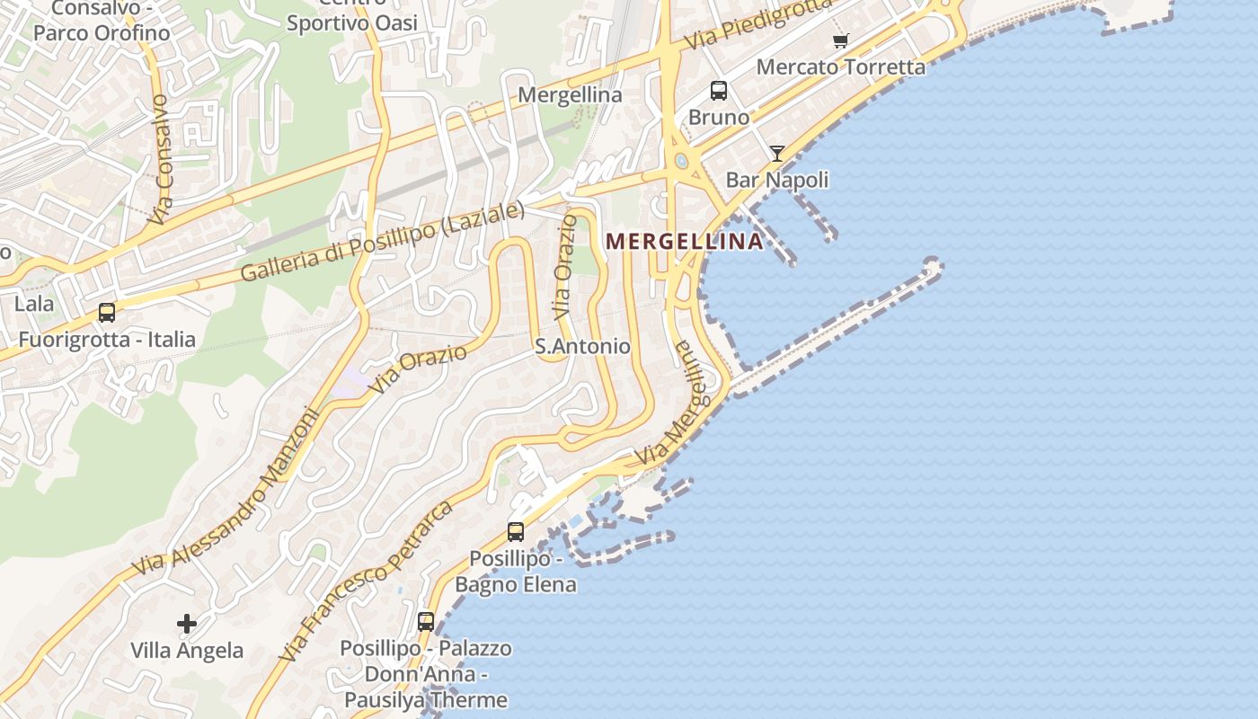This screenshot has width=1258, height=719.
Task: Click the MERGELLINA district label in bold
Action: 685,241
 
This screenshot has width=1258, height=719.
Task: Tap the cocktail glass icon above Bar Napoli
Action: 777,154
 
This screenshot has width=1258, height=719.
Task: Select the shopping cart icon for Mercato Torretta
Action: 840,40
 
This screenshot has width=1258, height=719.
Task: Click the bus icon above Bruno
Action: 719,90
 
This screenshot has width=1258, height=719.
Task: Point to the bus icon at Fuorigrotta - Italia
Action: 107,313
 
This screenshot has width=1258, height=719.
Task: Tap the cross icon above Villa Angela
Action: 187,623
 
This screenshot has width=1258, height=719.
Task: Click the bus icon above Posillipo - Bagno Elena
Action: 516,531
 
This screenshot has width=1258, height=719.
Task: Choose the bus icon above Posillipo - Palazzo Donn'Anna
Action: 426,621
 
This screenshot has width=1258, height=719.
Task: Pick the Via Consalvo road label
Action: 160,159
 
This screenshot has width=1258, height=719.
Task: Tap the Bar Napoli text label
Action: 777,180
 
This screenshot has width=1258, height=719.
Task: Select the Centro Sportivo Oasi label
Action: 352,16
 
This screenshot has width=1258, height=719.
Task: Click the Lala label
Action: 34,304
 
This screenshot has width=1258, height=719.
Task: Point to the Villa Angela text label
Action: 187,651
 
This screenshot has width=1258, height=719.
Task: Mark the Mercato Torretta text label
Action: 840,67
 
